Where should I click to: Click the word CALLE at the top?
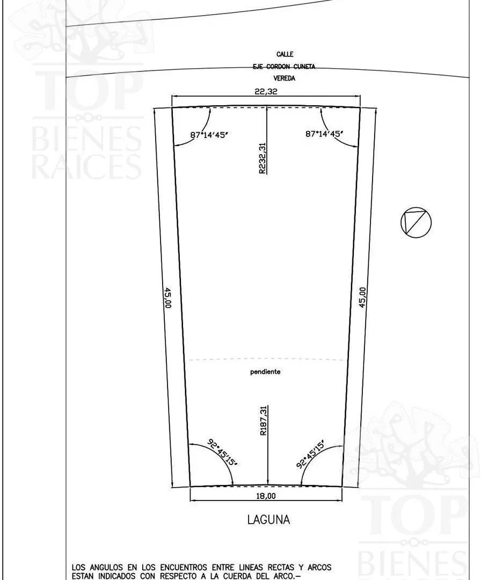pos(285,54)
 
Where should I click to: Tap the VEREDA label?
pos(285,78)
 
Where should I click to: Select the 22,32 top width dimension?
pos(266,91)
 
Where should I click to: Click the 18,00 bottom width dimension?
pos(266,496)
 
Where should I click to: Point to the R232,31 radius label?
pos(262,158)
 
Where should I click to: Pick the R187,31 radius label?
pos(263,421)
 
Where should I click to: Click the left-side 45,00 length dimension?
pos(167,298)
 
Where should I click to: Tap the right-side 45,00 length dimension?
pos(362,297)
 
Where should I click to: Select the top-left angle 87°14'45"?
pos(209,135)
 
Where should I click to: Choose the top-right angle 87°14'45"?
pos(324,134)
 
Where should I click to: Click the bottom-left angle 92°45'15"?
pos(223,452)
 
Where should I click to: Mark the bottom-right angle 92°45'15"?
pos(311,454)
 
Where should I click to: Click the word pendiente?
pos(265,372)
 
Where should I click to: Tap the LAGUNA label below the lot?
pos(268,520)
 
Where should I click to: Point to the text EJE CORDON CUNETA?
pos(284,67)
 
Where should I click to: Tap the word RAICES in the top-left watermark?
pos(86,166)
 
